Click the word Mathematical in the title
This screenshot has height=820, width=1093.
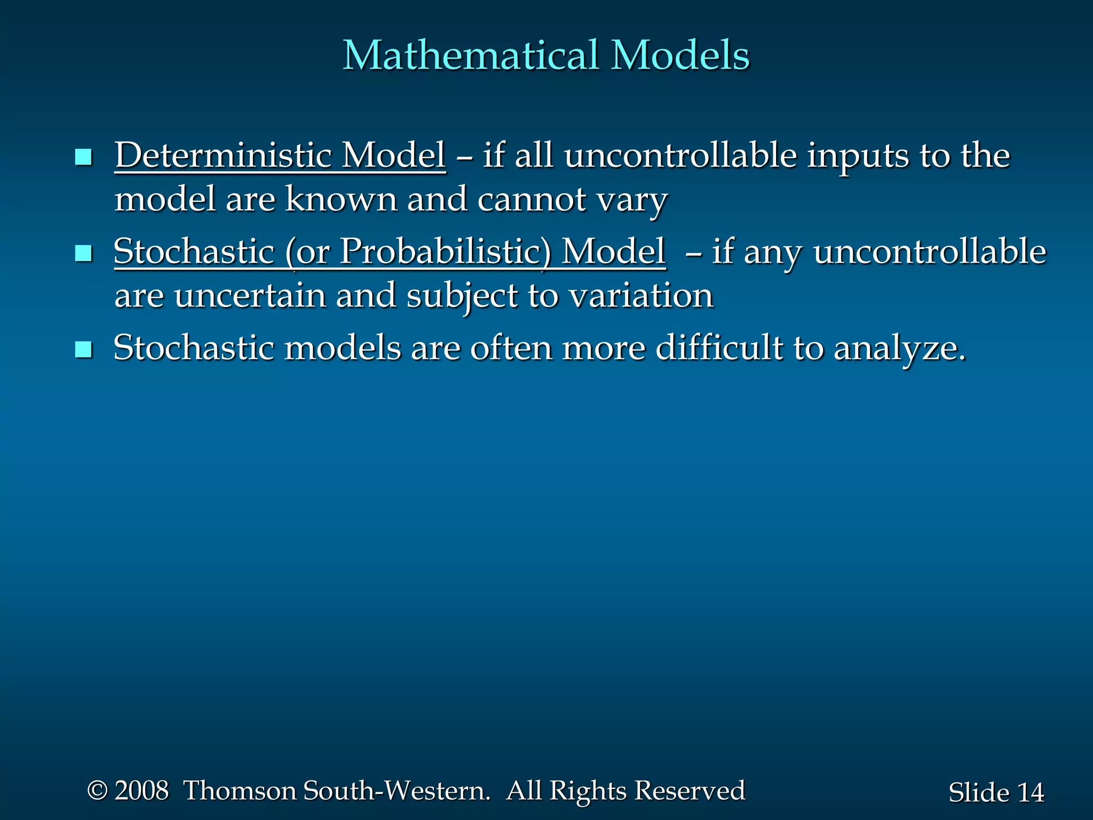pos(470,56)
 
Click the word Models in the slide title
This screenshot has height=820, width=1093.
pos(680,56)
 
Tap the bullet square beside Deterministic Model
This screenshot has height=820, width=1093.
pos(84,157)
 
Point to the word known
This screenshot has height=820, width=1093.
pos(341,199)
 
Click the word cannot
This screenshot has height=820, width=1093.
pos(532,199)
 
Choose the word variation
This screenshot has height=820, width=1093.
pos(641,296)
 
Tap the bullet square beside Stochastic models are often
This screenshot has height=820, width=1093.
pos(84,350)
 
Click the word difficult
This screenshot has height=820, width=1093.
pos(719,348)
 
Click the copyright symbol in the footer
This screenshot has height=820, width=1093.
pos(97,791)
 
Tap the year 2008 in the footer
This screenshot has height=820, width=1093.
pos(141,791)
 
